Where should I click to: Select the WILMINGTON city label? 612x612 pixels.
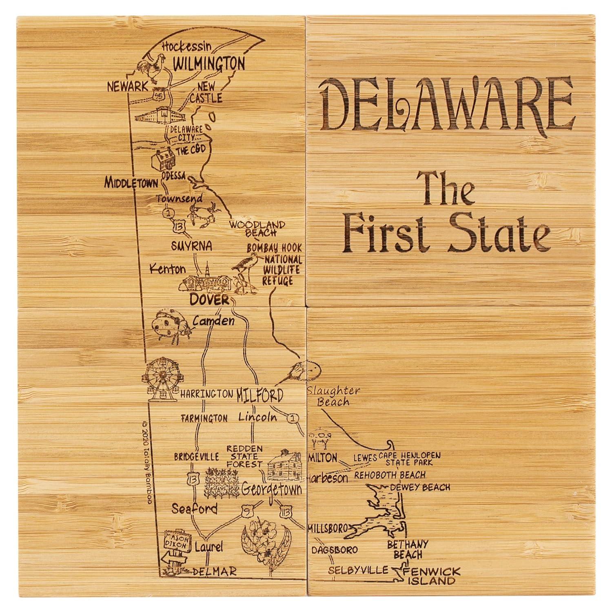point(209,64)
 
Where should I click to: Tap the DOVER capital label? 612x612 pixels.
point(210,300)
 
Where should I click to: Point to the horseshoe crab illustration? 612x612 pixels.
point(303,370)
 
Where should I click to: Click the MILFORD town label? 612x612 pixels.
point(259,395)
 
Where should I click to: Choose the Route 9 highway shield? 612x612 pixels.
point(245,510)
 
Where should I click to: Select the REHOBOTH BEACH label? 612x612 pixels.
point(390,475)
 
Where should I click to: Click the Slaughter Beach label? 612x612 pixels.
point(334,396)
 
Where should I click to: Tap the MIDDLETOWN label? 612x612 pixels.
point(131,182)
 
